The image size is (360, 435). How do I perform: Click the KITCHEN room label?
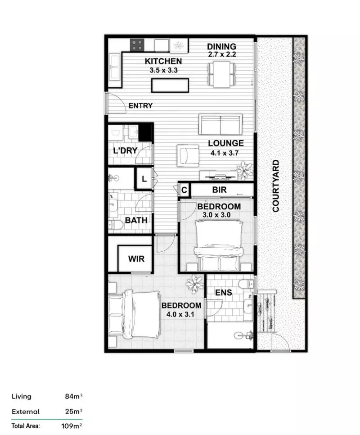(163, 61)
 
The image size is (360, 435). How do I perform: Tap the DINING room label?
(221, 46)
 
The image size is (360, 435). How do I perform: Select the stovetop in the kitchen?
(137, 45)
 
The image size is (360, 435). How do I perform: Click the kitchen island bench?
(170, 85)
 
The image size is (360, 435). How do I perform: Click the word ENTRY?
(140, 106)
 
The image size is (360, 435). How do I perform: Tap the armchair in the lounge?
(188, 155)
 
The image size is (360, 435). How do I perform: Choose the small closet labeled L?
(144, 178)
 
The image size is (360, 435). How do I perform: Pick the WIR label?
(136, 259)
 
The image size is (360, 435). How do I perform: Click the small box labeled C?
(184, 190)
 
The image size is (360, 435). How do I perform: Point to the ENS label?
(223, 293)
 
